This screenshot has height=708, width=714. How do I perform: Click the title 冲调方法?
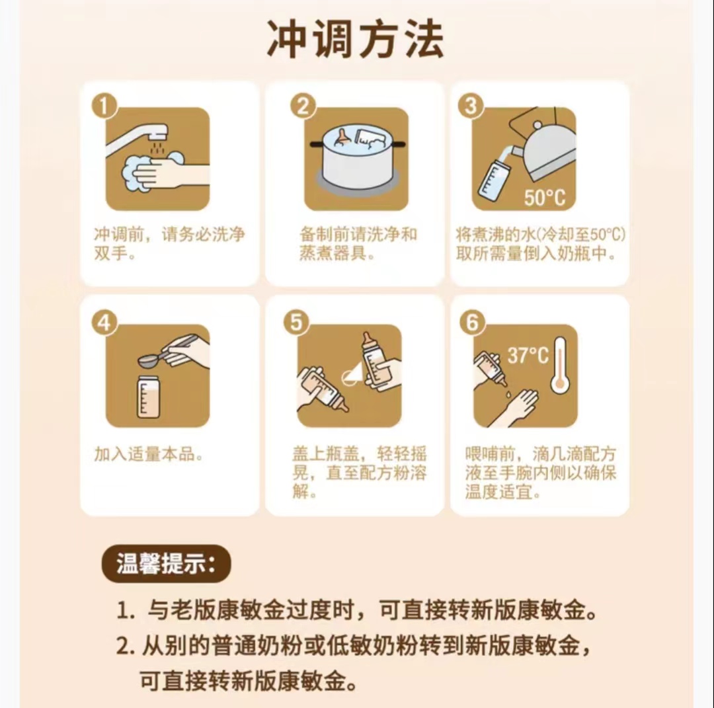coord(355,40)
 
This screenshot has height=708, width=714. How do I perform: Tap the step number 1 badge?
coord(104,106)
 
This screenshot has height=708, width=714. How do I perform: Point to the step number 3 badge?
coord(471,106)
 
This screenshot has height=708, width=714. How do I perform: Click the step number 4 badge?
coord(104,323)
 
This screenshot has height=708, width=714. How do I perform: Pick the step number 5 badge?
coord(296,323)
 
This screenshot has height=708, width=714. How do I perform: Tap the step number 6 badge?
coord(472,323)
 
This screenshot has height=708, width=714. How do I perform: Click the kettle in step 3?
coord(547,145)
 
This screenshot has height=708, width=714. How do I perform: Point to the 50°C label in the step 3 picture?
coord(545,198)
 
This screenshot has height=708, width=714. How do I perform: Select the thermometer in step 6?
coord(560,365)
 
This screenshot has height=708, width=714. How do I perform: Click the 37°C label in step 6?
coord(528,355)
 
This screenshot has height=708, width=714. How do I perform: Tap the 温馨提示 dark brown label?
coord(166,564)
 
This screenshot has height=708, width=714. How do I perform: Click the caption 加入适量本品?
coord(149,454)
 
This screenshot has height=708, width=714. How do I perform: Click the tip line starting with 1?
coord(358,610)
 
